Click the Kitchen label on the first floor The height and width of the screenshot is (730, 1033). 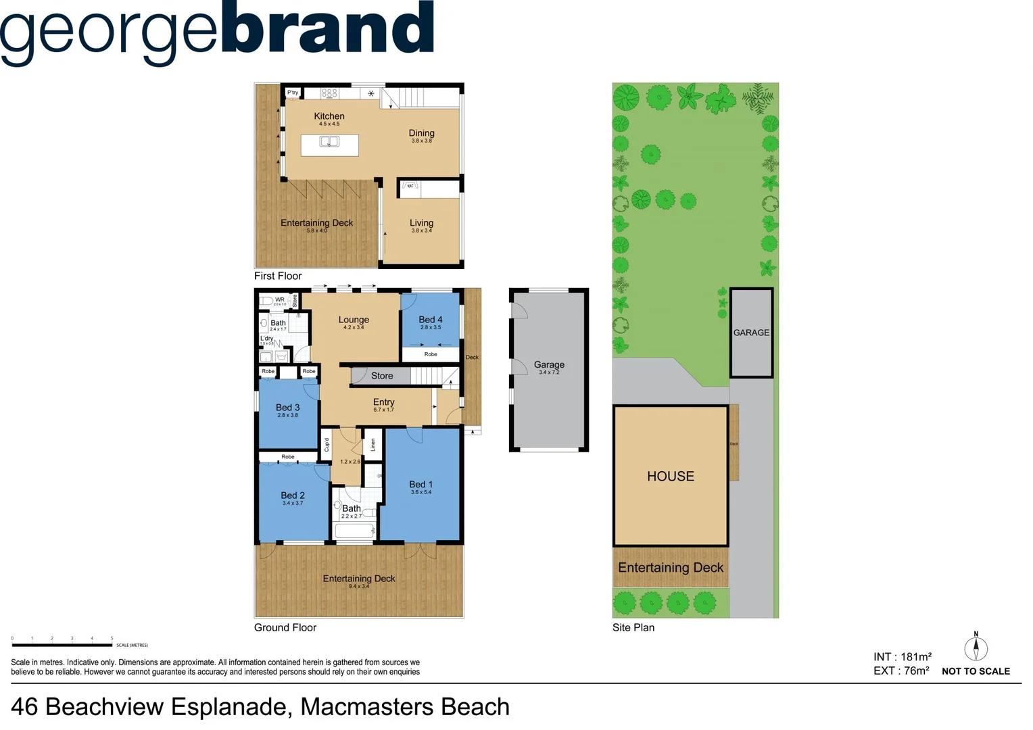coord(329,116)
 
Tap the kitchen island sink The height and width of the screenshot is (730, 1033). coord(329,142)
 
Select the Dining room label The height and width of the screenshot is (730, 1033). coord(421,133)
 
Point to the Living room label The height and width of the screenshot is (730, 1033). coord(421,223)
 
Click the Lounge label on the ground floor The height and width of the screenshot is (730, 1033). coord(354,320)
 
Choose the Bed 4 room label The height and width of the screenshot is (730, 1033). coord(431,320)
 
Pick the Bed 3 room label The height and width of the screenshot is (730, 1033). coord(287,408)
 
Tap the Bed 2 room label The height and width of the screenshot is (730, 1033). coord(293,495)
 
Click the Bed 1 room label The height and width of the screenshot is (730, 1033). coord(421,485)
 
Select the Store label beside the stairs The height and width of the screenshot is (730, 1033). coord(382,376)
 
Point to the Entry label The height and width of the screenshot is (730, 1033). coord(383,402)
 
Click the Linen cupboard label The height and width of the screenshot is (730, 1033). coord(373,445)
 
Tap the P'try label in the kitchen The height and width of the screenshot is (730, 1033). coord(293,93)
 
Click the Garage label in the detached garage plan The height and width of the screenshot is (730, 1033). coord(549,365)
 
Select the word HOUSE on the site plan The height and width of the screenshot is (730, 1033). coord(671,477)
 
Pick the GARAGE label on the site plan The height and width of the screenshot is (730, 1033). coord(751,333)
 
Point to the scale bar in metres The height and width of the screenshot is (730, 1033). coord(62,645)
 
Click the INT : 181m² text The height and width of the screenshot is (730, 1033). coord(903,657)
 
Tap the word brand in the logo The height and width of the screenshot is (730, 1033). coord(327,30)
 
